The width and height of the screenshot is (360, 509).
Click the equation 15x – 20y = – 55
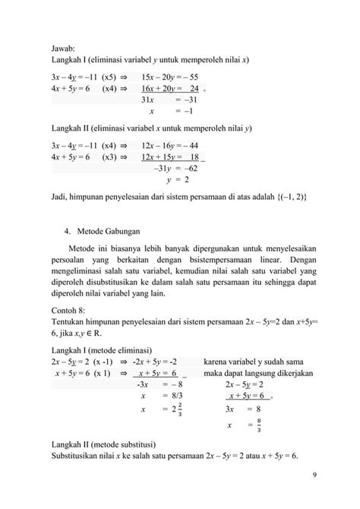tap(169, 77)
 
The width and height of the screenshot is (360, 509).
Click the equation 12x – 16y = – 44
tap(169, 146)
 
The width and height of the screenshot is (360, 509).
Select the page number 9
tap(315, 475)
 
